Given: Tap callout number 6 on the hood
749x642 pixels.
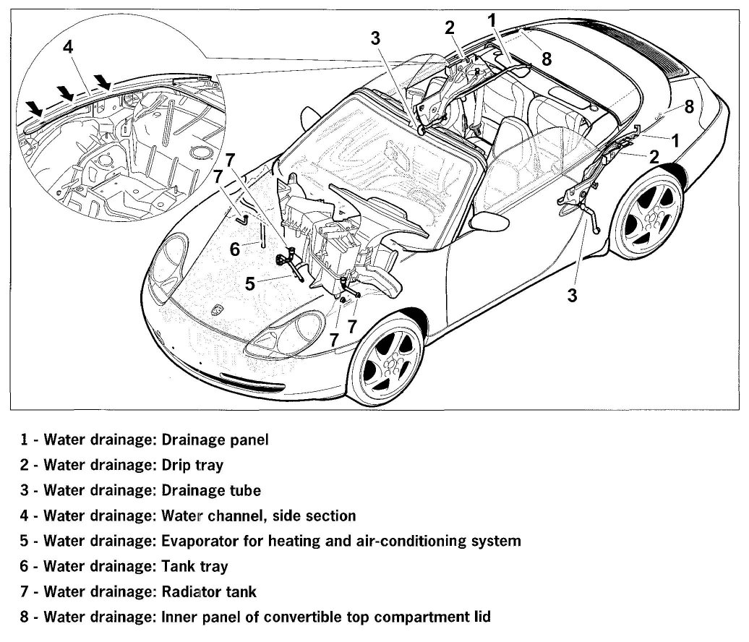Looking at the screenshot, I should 235,249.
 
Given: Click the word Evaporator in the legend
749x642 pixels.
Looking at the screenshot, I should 196,541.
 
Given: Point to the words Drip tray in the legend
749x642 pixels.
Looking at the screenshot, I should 192,465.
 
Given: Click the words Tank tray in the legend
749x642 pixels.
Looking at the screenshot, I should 194,566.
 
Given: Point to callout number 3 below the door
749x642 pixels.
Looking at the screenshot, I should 572,295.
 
